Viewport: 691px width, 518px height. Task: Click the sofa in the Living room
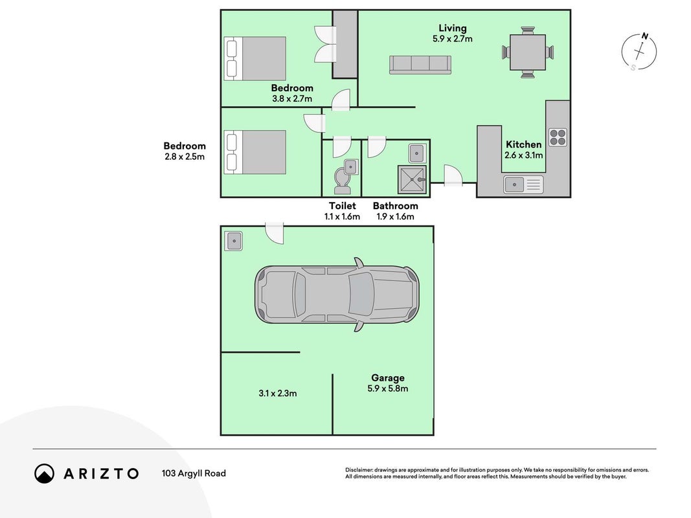point(420,65)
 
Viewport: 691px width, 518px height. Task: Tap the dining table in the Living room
point(528,52)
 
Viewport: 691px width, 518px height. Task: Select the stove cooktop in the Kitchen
point(558,137)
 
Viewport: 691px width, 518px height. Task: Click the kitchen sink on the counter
point(523,184)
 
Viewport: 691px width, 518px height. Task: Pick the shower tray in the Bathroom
point(412,179)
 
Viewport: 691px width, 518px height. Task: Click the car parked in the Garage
point(337,294)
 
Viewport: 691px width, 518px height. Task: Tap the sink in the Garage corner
point(233,241)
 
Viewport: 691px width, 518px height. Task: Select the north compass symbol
point(639,52)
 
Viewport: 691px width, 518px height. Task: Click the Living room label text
point(452,28)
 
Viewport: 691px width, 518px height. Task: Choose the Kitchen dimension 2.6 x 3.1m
point(523,155)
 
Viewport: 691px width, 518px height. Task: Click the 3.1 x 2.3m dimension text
point(278,393)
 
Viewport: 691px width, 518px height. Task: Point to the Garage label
point(388,377)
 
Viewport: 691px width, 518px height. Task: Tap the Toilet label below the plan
point(343,206)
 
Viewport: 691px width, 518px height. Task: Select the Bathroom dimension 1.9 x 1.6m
point(395,216)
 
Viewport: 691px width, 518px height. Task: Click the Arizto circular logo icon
point(45,473)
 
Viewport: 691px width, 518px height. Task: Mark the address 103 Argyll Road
point(194,473)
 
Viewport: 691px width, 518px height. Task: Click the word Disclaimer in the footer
point(359,470)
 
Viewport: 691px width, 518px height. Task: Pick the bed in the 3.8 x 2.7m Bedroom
point(255,58)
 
